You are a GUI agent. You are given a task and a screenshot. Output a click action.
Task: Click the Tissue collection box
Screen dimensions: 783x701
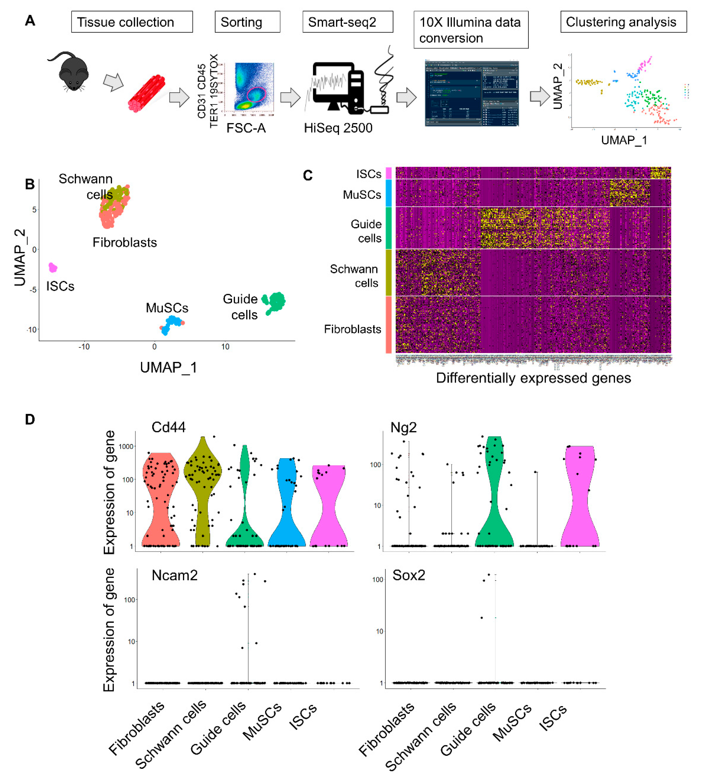132,22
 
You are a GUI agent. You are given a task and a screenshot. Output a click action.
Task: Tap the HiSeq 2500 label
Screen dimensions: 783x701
338,128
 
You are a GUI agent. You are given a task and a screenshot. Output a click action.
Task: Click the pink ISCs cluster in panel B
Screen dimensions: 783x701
53,267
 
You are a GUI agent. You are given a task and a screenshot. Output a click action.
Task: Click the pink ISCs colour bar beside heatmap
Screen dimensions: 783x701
389,173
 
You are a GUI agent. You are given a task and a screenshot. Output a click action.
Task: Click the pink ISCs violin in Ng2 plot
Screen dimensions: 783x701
580,497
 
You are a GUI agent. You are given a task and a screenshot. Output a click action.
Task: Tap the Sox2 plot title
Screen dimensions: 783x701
409,575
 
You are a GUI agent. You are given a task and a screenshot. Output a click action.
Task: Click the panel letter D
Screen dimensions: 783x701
30,419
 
